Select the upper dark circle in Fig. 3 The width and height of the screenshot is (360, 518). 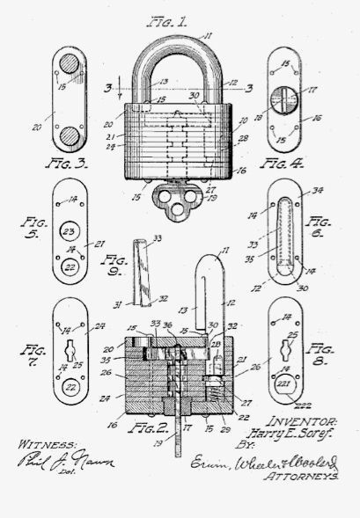[68, 64]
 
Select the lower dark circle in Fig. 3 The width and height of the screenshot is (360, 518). [67, 135]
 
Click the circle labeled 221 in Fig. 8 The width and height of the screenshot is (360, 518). [283, 385]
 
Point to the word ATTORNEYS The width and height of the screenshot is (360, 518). [303, 471]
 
